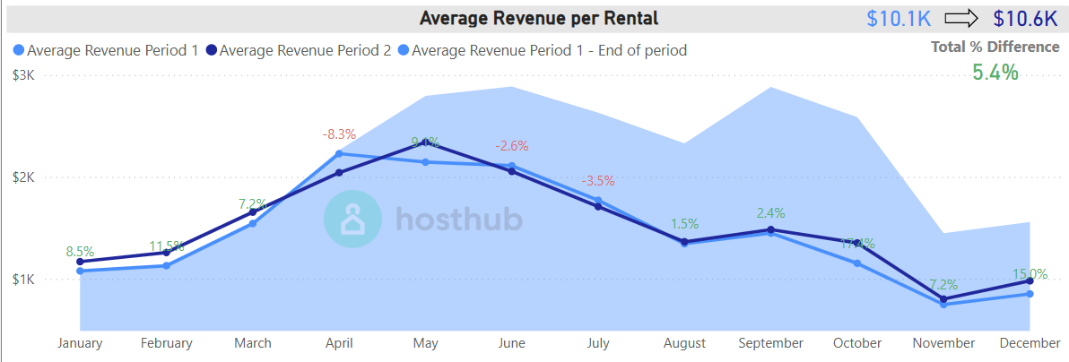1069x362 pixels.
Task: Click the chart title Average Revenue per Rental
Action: coord(539,18)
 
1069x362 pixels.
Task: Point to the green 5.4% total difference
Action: coord(995,73)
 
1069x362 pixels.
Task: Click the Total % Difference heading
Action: coord(995,47)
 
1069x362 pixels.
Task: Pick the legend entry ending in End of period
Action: coord(543,50)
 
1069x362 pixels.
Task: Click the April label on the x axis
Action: coord(339,343)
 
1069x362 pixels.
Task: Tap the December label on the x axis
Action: coord(1030,343)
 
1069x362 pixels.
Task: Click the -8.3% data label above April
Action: coord(339,134)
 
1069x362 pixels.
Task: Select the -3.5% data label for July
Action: coord(597,180)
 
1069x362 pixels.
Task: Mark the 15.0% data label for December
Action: coord(1030,274)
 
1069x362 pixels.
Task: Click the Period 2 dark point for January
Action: coord(80,262)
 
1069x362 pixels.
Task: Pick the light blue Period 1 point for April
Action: coord(339,153)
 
